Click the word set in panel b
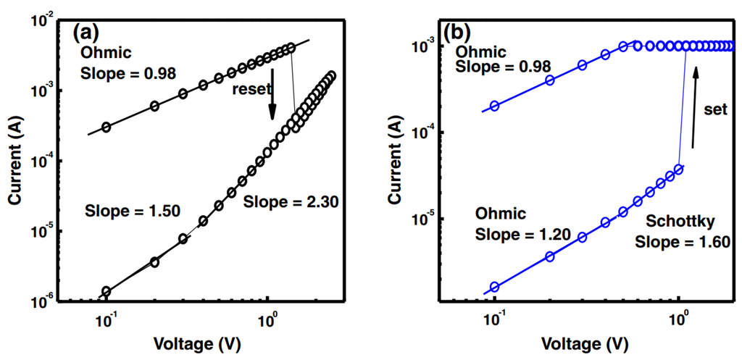click(x=716, y=109)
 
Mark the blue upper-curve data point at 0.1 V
click(x=494, y=106)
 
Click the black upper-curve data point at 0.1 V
click(x=107, y=127)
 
